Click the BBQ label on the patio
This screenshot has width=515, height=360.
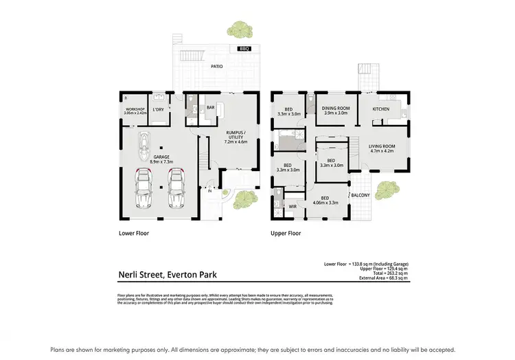pos(245,49)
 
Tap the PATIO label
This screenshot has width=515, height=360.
pos(217,67)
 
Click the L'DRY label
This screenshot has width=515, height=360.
pos(158,109)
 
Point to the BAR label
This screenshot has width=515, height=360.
pos(211,107)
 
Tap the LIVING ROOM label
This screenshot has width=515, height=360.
pos(382,148)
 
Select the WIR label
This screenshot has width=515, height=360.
pos(293,205)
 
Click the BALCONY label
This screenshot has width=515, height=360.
pos(360,195)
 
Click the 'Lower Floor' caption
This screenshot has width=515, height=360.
pos(134,234)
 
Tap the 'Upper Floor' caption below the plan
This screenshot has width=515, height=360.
pos(286,234)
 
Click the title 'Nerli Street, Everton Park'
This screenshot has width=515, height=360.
pos(168,275)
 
